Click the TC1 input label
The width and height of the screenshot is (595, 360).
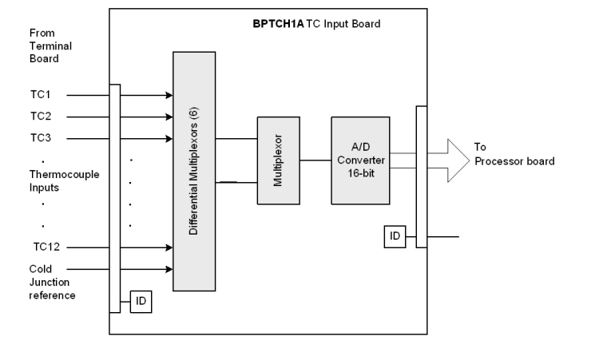(40, 94)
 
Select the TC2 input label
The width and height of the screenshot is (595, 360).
(40, 116)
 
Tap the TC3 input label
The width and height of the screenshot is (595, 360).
(40, 137)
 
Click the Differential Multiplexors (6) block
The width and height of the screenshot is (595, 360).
(195, 171)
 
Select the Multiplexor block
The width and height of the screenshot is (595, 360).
(277, 160)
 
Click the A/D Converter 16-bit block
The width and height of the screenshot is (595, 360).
(360, 160)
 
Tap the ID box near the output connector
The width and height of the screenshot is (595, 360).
(395, 236)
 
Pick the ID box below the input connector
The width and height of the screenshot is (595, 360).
(141, 302)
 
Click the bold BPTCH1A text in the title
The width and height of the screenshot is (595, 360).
(273, 23)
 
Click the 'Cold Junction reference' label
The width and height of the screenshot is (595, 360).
(52, 283)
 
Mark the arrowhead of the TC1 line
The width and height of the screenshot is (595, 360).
(168, 94)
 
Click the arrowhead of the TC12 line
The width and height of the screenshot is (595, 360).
(168, 247)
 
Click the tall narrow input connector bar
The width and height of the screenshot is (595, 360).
(116, 196)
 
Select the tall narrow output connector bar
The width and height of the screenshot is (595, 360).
(422, 176)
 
